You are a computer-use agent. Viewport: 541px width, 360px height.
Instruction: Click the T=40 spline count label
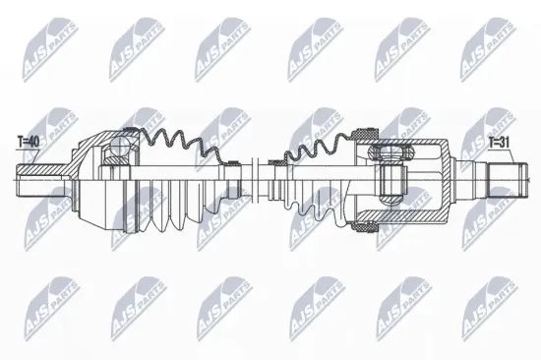click(x=28, y=143)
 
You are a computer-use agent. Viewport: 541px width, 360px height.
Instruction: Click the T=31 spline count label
click(x=502, y=142)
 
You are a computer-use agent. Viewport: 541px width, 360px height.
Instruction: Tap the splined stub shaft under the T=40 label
click(x=34, y=180)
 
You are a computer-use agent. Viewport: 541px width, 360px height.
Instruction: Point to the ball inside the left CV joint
click(x=117, y=150)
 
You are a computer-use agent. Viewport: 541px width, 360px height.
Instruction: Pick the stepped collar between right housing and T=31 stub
click(x=472, y=180)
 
